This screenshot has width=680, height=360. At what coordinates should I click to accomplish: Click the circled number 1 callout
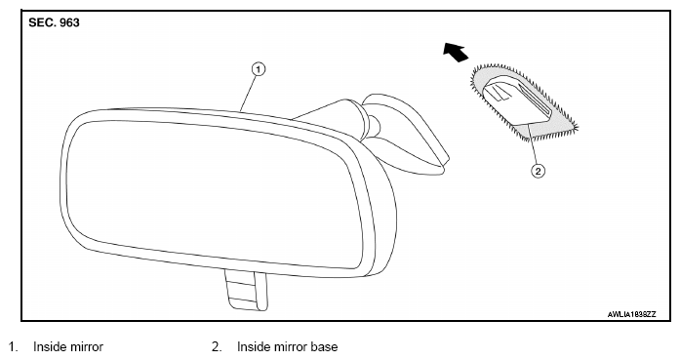[258, 69]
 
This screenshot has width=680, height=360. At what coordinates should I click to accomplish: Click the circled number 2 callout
[539, 171]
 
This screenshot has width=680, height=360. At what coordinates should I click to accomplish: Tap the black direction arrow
[456, 52]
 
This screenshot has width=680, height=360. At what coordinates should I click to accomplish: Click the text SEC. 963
[55, 22]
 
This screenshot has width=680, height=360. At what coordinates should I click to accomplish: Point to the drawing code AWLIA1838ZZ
[632, 314]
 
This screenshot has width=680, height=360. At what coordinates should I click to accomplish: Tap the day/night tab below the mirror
[246, 290]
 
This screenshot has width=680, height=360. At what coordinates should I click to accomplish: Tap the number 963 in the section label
[69, 22]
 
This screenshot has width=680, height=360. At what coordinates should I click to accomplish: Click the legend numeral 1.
[12, 347]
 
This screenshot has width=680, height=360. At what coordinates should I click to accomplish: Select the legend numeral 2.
[217, 347]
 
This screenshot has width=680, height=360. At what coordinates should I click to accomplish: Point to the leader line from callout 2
[532, 144]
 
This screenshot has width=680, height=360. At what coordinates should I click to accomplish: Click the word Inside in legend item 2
[254, 347]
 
